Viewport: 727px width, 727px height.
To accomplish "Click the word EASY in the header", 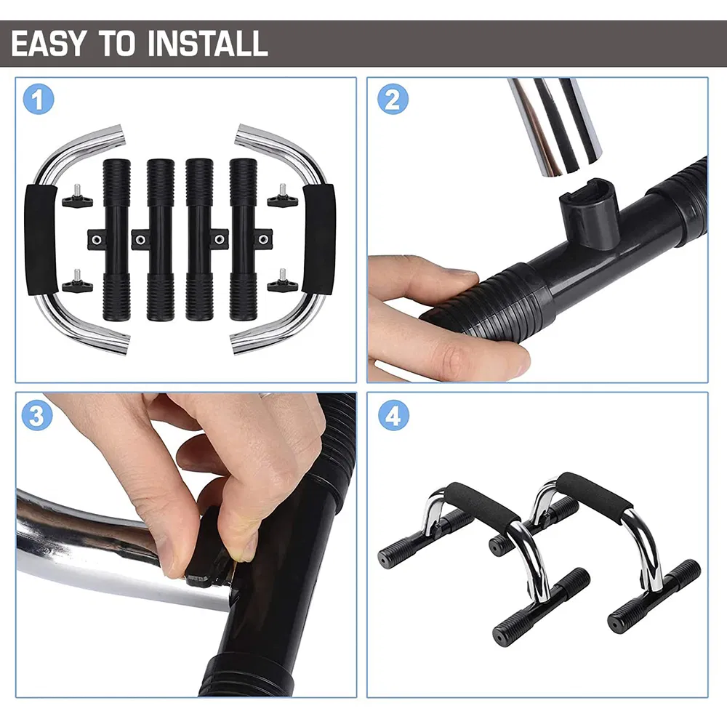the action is (x=48, y=44).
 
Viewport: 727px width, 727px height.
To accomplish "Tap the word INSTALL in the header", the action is (x=208, y=44).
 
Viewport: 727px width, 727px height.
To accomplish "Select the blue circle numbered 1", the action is (x=39, y=99).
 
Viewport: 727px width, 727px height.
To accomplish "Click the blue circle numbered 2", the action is (x=393, y=99).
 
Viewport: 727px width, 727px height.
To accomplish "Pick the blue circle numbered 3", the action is (x=37, y=415).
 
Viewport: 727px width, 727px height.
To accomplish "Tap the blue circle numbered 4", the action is (x=393, y=415).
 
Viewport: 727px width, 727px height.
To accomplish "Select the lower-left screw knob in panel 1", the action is (x=76, y=281).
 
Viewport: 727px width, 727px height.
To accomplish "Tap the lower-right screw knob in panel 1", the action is (x=282, y=281).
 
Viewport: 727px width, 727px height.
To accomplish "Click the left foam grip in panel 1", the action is (x=41, y=239).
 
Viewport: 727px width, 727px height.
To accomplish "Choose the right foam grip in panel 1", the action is (x=318, y=239).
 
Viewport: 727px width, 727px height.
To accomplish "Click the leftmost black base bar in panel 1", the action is (x=116, y=240).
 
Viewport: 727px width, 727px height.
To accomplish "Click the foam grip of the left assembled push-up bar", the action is (x=482, y=502).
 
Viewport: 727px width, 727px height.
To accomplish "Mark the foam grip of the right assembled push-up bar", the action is (x=595, y=493).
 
